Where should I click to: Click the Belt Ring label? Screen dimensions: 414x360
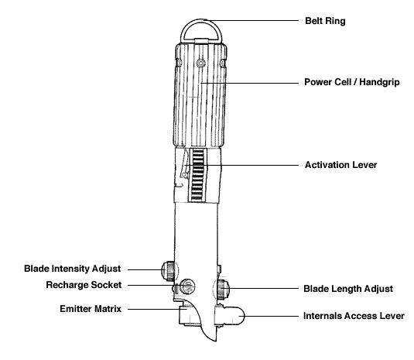[x=325, y=21]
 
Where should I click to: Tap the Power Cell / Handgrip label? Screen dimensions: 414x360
[x=351, y=82]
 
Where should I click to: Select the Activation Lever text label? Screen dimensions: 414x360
[x=340, y=165]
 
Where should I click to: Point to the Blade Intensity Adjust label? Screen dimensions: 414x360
[x=72, y=269]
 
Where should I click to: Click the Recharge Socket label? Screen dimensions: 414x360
[x=84, y=285]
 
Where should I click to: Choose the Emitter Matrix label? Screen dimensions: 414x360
[x=91, y=309]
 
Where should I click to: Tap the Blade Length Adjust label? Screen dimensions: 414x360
[x=348, y=289]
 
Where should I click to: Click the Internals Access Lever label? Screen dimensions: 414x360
[x=354, y=316]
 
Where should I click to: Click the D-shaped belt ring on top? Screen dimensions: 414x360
[x=201, y=21]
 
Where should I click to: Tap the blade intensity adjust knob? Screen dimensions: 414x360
[x=168, y=271]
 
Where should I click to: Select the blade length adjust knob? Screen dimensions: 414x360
[x=223, y=290]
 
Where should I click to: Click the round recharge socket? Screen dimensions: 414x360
[x=187, y=286]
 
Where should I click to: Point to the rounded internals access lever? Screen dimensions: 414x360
[x=229, y=316]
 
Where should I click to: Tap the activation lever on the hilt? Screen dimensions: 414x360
[x=184, y=162]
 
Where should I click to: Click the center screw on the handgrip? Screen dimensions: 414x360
[x=201, y=63]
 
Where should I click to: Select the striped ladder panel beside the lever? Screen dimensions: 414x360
[x=197, y=174]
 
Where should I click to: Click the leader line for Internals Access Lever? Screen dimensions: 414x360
[x=272, y=316]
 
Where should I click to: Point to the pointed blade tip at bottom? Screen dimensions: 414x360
[x=216, y=341]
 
